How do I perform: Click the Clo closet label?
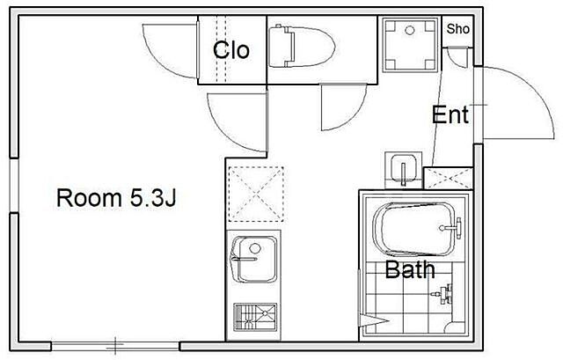[x=231, y=49]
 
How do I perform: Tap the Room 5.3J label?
[x=116, y=198]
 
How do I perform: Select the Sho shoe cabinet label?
[x=457, y=29]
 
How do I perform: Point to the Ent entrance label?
[x=450, y=115]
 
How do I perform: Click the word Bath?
[x=410, y=269]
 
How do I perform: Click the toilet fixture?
[x=302, y=46]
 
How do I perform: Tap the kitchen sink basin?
[x=254, y=259]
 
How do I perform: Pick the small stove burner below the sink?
[x=255, y=317]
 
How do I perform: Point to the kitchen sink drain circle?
[x=255, y=248]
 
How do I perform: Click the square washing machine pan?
[x=410, y=45]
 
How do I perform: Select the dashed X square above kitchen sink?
[x=256, y=194]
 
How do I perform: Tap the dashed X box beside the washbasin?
[x=448, y=178]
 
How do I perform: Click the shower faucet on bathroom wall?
[x=444, y=293]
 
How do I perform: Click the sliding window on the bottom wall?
[x=115, y=346]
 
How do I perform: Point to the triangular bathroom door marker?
[x=373, y=320]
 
